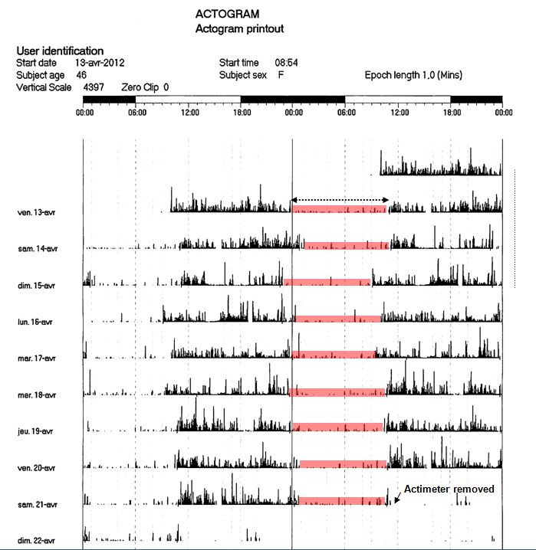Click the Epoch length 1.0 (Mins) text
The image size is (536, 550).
point(413,75)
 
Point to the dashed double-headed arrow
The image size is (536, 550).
point(339,201)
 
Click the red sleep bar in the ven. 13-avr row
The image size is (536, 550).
point(338,209)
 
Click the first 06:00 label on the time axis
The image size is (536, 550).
point(137,112)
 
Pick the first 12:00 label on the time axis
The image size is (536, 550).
point(189,112)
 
